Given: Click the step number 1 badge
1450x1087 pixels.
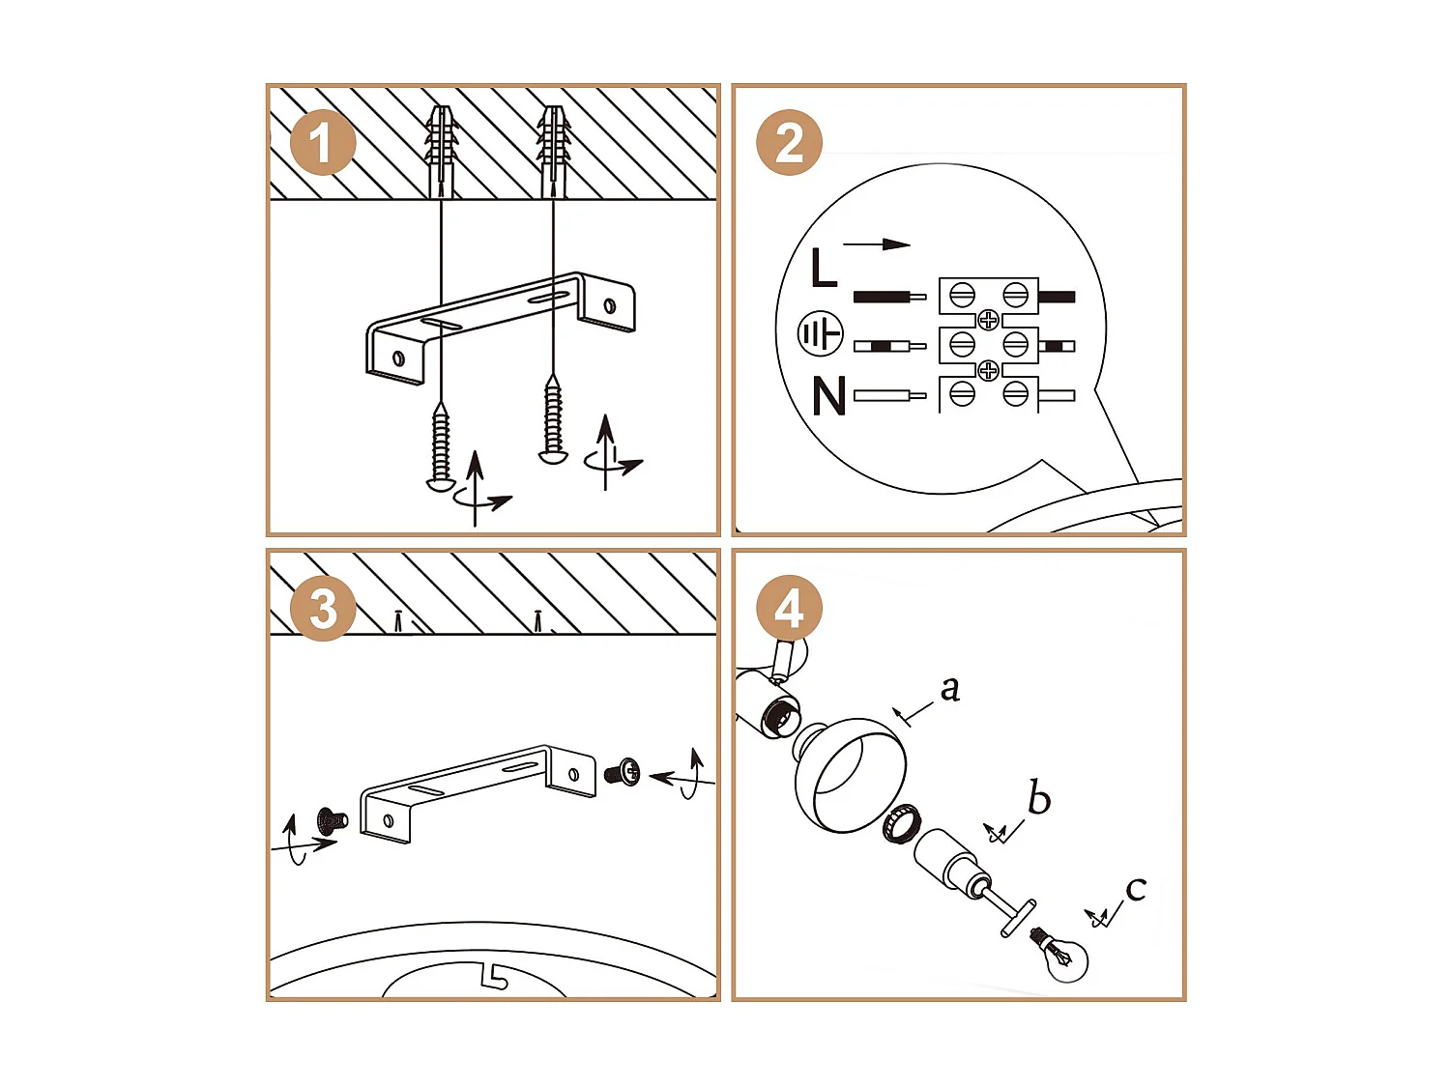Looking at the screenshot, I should click(323, 143).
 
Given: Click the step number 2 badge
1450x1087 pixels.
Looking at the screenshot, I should click(789, 143).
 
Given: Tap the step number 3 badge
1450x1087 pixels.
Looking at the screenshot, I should click(323, 609).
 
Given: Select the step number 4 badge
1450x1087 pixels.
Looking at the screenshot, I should click(789, 609).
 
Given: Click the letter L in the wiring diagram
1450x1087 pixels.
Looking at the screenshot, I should click(823, 269).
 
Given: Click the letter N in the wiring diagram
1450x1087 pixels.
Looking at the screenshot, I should click(828, 396).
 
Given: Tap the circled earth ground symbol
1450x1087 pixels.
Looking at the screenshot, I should click(820, 334).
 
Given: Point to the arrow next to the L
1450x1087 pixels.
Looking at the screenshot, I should click(877, 244).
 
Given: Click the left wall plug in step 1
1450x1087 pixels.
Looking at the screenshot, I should click(442, 150).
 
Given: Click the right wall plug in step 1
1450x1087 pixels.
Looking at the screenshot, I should click(554, 150).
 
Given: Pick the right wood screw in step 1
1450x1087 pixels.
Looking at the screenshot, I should click(553, 420).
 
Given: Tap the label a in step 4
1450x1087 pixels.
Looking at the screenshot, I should click(950, 688).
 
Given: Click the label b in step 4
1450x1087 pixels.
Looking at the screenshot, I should click(1038, 798).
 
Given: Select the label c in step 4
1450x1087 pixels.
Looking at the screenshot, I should click(1136, 888).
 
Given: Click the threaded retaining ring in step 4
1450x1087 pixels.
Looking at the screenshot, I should click(901, 822).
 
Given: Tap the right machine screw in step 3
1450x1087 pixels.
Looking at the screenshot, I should click(623, 772).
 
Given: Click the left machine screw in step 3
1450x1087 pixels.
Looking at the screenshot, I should click(332, 821).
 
